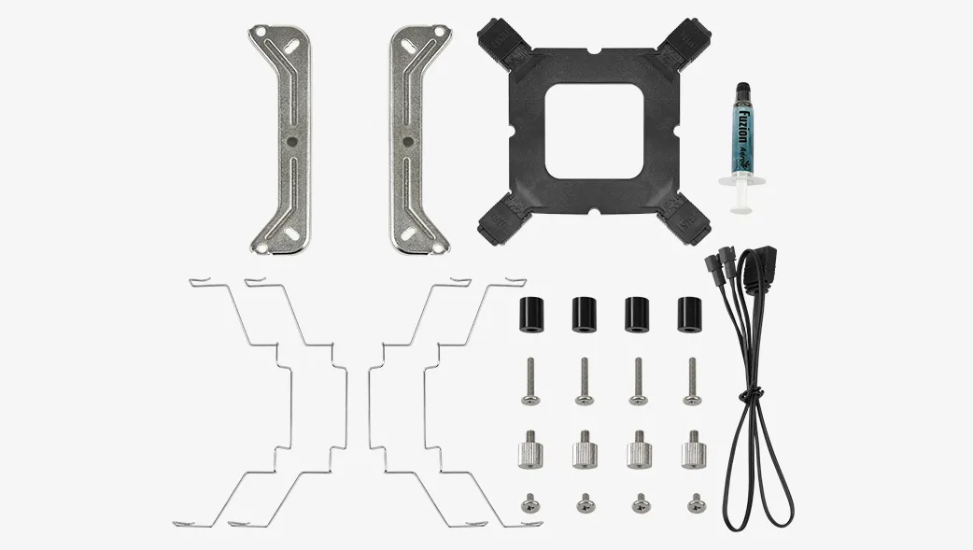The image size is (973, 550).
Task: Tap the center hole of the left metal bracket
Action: pos(291,141)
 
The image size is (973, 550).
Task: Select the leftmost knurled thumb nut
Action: pos(529,452)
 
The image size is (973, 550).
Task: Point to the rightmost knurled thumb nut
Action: pos(693,452)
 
